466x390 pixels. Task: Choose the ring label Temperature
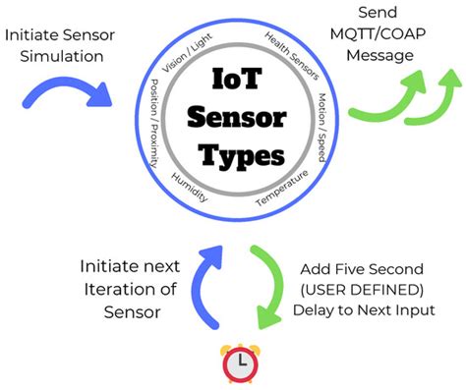284,188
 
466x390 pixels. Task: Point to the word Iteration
138,292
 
